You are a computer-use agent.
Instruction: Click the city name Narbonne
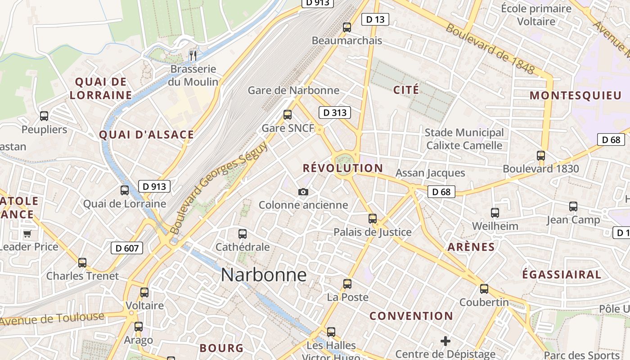click(x=264, y=275)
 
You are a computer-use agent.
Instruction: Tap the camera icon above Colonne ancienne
click(x=303, y=192)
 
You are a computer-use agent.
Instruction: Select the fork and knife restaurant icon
click(x=193, y=56)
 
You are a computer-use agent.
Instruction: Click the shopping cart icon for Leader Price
click(x=27, y=234)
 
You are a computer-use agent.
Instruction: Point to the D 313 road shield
click(x=335, y=112)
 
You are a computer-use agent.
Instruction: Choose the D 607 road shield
click(x=127, y=248)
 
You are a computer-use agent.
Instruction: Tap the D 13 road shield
click(x=375, y=19)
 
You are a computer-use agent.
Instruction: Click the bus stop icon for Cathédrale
click(x=243, y=234)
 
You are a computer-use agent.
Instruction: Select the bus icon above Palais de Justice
click(x=373, y=219)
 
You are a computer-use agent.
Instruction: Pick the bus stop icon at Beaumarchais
click(x=347, y=27)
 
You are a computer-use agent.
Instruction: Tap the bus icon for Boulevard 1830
click(x=541, y=156)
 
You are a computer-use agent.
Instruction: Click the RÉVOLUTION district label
click(x=343, y=168)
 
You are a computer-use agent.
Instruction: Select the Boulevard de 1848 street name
click(x=490, y=49)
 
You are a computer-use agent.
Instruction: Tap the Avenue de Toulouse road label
click(x=52, y=319)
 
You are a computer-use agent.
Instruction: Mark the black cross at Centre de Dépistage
click(x=445, y=341)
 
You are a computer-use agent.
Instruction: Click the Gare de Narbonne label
click(x=293, y=90)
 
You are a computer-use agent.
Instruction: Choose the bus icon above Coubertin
click(x=484, y=289)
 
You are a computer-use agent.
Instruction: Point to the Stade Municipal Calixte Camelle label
click(x=464, y=139)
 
